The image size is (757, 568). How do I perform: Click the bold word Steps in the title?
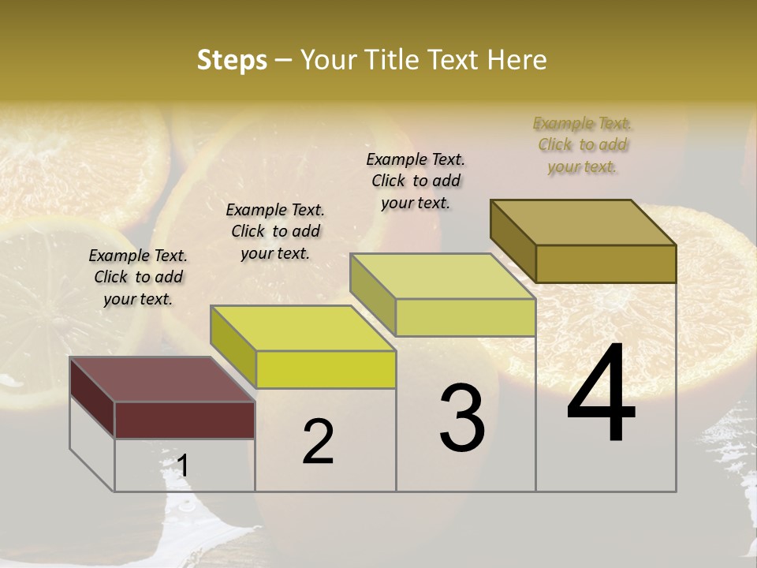232,60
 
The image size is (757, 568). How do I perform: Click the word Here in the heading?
516,60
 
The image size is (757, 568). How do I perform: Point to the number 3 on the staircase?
462,417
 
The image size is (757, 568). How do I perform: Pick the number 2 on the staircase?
318,441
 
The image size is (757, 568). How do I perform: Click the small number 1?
183,465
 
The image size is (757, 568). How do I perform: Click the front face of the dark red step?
185,420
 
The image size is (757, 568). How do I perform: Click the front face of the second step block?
326,369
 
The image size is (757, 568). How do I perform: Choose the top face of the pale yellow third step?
442,276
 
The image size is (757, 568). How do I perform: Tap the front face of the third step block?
465,317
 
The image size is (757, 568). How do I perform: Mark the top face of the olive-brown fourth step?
583,222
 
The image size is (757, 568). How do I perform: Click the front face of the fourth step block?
606,263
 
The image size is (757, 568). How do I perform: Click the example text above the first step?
138,277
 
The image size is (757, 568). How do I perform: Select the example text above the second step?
275,231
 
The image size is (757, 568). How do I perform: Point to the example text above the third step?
416,181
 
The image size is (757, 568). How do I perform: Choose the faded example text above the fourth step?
583,144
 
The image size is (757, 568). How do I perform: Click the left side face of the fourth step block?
513,240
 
